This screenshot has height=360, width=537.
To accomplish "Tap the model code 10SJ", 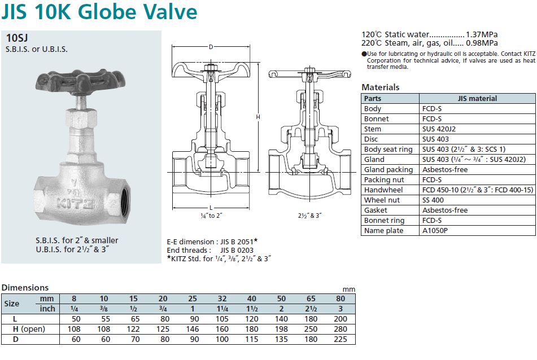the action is click(x=17, y=38).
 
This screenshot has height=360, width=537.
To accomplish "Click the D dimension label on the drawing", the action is click(x=211, y=47).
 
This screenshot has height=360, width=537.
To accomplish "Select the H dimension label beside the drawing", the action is click(x=258, y=117).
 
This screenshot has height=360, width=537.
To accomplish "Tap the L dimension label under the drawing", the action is click(x=211, y=208).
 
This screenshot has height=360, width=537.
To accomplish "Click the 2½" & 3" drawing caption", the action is click(x=310, y=216).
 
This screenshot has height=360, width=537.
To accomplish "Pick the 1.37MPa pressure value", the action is click(x=482, y=34).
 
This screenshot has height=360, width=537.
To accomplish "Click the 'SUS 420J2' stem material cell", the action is click(x=439, y=129).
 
